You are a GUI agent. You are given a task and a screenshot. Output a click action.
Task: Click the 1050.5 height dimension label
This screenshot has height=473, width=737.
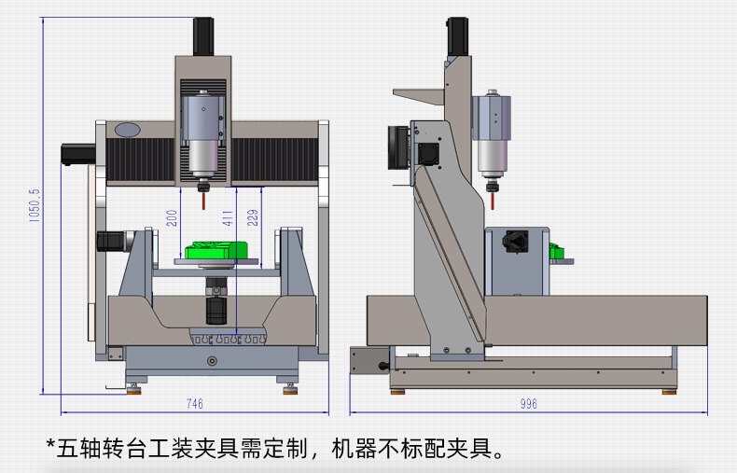coord(35,205)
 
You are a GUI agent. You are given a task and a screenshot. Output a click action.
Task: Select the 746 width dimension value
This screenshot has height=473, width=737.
coord(195,403)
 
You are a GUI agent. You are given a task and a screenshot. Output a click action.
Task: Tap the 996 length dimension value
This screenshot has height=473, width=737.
coord(529,403)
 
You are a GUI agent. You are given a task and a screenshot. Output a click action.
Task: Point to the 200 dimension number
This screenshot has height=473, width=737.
coord(172,218)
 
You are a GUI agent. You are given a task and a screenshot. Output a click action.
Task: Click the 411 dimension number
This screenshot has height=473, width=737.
coord(228,218)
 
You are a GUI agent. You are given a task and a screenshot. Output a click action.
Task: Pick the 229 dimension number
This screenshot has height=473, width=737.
coord(253,217)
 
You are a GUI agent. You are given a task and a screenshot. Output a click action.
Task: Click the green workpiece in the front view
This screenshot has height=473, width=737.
coord(216,250)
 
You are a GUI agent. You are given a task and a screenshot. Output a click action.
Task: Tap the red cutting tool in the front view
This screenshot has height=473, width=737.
coord(203,201)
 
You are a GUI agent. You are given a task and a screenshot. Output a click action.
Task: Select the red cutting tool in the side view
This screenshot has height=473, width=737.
coord(493,201)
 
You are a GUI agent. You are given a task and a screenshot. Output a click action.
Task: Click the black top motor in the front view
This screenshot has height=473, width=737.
coord(203,36)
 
